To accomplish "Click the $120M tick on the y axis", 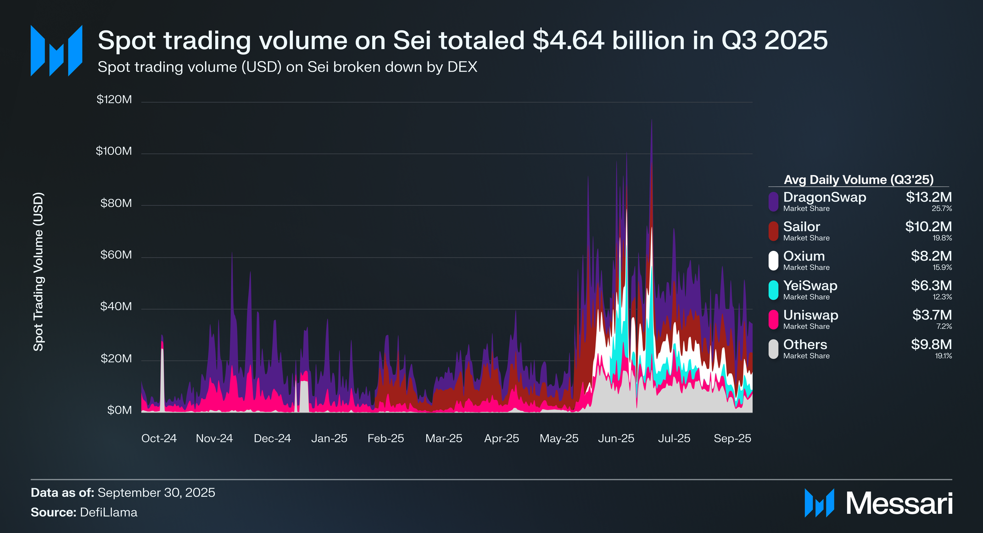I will coord(114,100).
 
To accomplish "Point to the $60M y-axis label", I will coord(116,255).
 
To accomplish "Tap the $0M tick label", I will coord(120,410).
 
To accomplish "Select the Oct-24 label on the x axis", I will coord(159,439).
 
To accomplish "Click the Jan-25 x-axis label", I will coord(329,439).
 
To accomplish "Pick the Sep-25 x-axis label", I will coord(732,439).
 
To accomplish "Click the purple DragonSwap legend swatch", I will coord(773,202).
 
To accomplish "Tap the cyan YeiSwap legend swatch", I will coord(773,290).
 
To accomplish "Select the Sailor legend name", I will coord(801,227).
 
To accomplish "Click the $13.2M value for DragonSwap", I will coord(928,197).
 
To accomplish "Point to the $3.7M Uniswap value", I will coord(932,315).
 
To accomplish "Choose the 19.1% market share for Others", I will coord(944,356).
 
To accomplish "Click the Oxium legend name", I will coord(804,256).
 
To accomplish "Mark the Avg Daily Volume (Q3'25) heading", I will coord(859,180).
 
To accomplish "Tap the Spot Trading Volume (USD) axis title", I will coord(39,272).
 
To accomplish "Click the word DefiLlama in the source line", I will coord(108,512).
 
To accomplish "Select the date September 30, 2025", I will coord(156,493).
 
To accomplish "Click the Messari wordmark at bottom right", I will coord(899,504).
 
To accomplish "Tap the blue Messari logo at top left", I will coord(56,50).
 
